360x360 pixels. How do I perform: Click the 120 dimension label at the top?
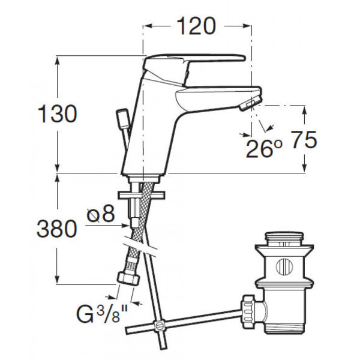pos(196,26)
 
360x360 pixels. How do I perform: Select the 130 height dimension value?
pos(58,114)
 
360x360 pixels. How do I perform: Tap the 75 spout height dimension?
pos(304,140)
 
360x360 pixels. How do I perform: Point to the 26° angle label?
pos(263,148)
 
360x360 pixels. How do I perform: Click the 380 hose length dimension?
pos(57,229)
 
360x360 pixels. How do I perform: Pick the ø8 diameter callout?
pos(101,214)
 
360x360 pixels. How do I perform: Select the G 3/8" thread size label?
pos(102,314)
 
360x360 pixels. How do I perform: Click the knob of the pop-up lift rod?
pos(123,119)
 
